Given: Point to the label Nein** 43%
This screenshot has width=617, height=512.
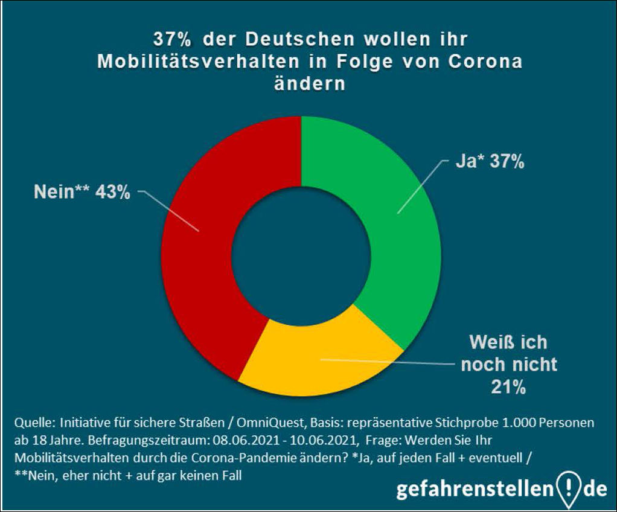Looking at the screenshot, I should pos(82,194).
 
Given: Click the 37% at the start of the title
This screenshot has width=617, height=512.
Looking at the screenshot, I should pos(173,40).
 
